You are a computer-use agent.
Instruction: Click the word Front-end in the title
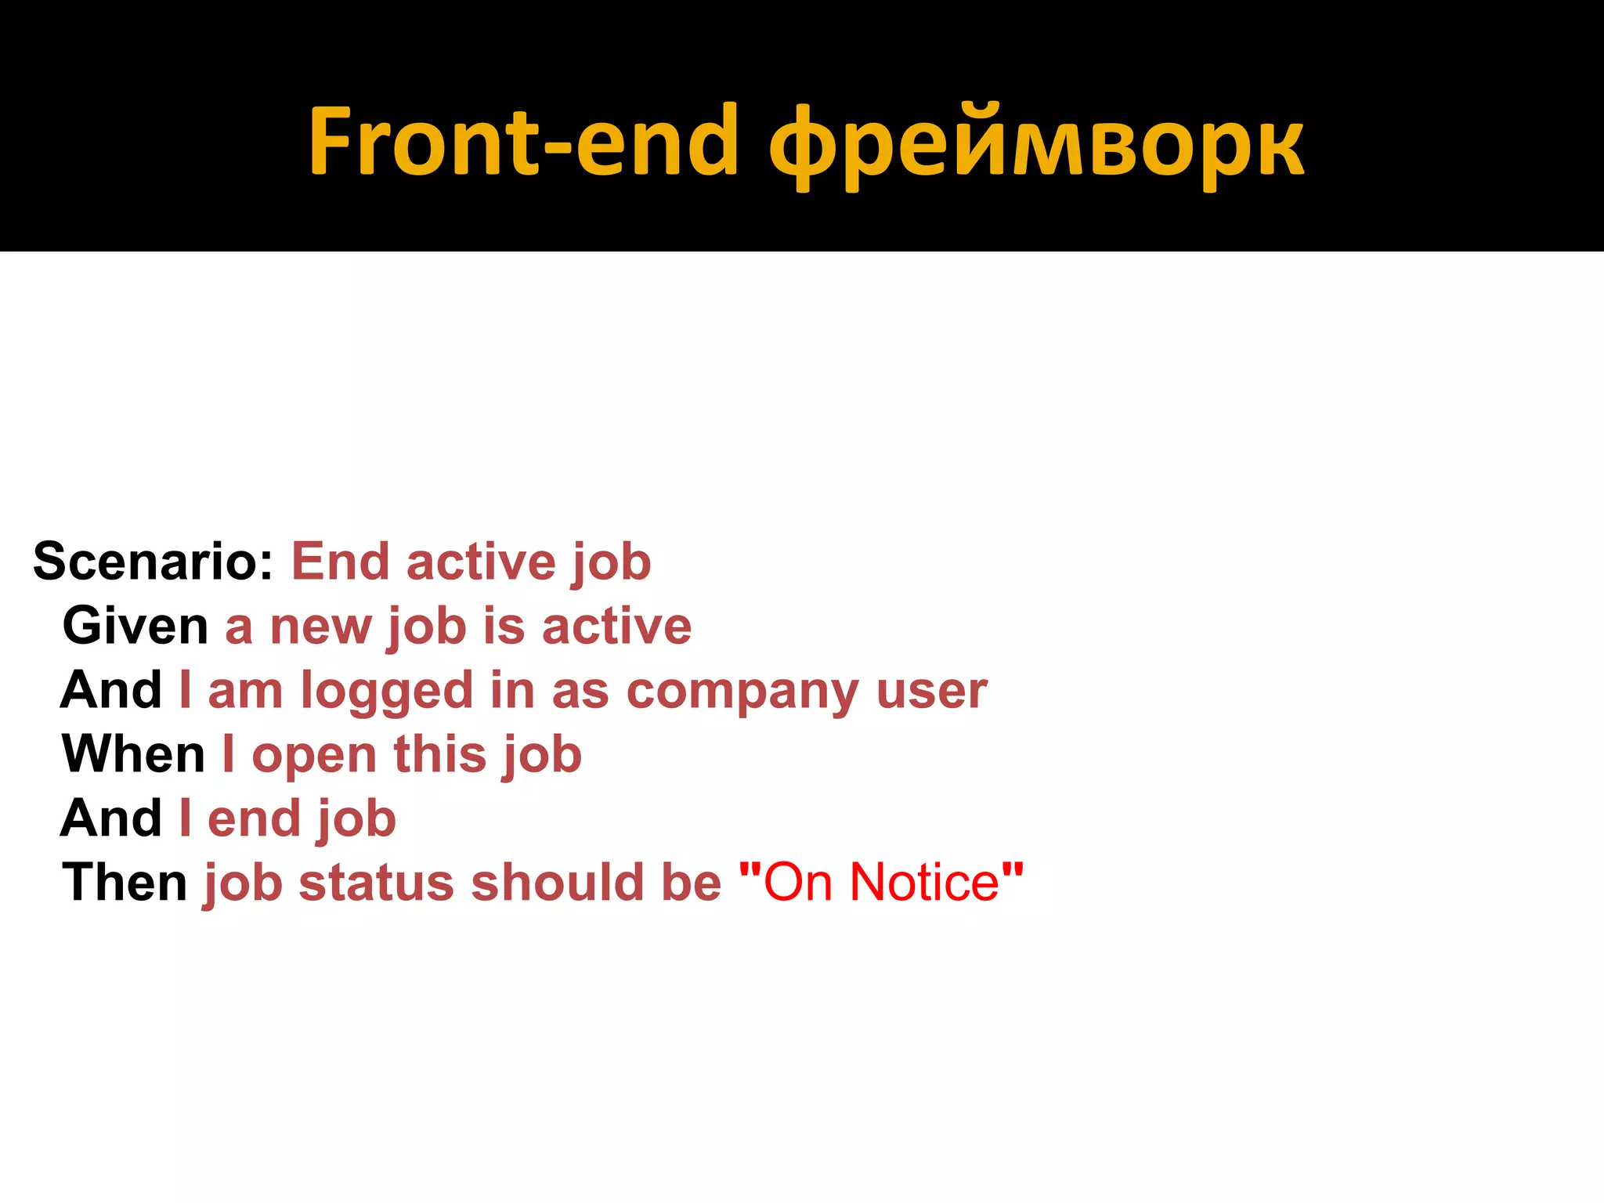pyautogui.click(x=523, y=142)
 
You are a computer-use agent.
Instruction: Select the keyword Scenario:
pyautogui.click(x=153, y=562)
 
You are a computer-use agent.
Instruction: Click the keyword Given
pyautogui.click(x=135, y=626)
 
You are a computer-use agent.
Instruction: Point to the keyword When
pyautogui.click(x=133, y=754)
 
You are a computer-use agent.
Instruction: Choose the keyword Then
pyautogui.click(x=125, y=883)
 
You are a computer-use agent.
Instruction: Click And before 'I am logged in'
pyautogui.click(x=110, y=690)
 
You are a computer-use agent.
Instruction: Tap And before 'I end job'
pyautogui.click(x=110, y=818)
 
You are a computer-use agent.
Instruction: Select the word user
pyautogui.click(x=931, y=692)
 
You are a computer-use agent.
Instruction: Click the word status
pyautogui.click(x=376, y=883)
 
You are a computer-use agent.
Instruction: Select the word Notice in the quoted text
pyautogui.click(x=924, y=883)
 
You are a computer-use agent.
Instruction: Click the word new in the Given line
pyautogui.click(x=320, y=627)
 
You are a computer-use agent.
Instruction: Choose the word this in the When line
pyautogui.click(x=439, y=754)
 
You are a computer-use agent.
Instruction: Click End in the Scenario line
pyautogui.click(x=340, y=562)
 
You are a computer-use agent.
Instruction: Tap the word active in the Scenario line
pyautogui.click(x=480, y=562)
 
